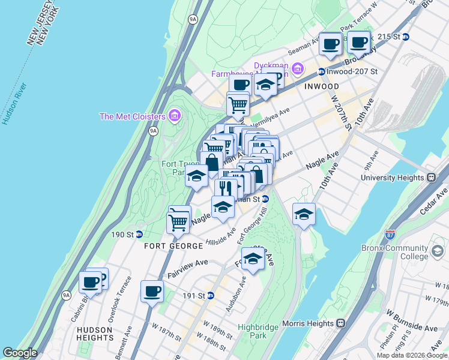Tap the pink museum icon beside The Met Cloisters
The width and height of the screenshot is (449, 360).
175,115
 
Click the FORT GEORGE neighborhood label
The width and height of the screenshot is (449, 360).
173,246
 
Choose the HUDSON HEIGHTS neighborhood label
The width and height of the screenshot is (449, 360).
94,334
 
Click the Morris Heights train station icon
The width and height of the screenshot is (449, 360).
340,323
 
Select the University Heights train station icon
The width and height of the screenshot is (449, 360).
430,178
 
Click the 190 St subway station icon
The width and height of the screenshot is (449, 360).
139,234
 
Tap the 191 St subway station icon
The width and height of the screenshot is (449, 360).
211,295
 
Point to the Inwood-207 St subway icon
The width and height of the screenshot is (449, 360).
321,71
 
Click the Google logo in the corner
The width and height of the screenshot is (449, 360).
20,353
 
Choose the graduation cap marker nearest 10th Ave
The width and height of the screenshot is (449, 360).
304,214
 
